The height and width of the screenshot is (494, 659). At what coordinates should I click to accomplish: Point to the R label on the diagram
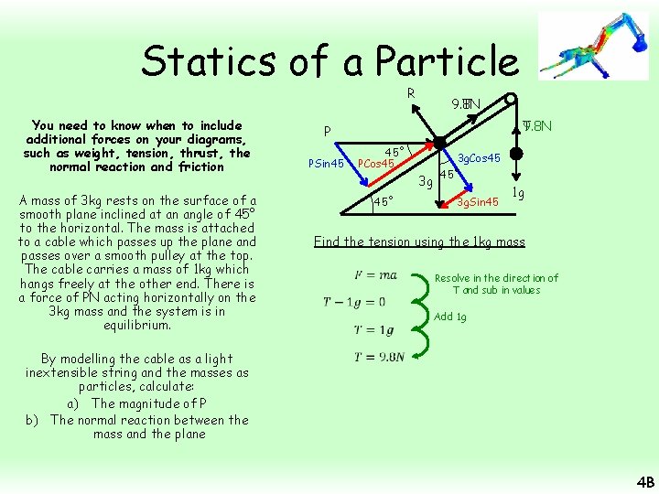click(411, 92)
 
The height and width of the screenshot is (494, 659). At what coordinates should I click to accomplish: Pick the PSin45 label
click(326, 164)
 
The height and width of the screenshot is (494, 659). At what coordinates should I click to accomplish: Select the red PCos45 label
click(375, 164)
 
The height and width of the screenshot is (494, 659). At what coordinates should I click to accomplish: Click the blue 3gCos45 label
click(479, 158)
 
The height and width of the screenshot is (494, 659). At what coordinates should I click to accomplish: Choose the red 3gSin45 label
click(478, 201)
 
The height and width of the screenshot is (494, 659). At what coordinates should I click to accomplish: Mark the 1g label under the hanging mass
click(518, 193)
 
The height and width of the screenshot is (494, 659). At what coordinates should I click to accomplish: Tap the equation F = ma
click(375, 274)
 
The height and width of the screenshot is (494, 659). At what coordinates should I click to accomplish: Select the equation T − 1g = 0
click(355, 302)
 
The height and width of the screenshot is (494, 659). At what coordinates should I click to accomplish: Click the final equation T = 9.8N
click(379, 357)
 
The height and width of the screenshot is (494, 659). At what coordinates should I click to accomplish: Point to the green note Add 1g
click(450, 317)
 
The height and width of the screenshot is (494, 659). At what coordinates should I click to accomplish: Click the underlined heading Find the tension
click(419, 242)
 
